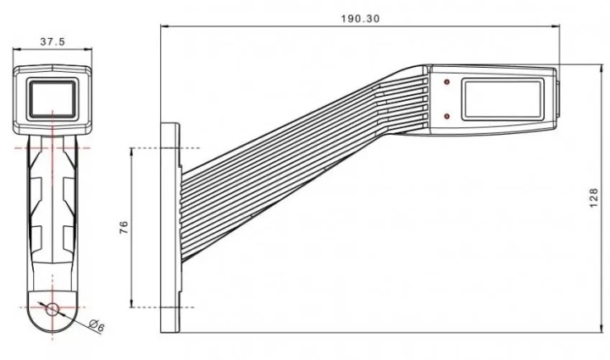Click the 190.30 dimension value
tap(360, 19)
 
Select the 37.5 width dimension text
tap(53, 42)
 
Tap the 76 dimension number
tap(124, 227)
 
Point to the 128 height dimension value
tap(593, 197)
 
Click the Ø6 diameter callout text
tap(97, 325)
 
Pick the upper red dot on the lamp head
tap(447, 81)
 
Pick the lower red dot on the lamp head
tap(447, 116)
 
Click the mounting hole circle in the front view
tap(53, 309)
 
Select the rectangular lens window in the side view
tap(503, 99)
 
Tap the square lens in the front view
tap(53, 98)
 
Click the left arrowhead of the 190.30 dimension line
tap(164, 26)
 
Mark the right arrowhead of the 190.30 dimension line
tap(556, 26)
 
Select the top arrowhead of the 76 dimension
tap(132, 152)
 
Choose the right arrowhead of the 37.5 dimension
tap(88, 49)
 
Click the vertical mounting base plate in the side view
tap(170, 228)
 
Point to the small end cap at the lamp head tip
tap(557, 99)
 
